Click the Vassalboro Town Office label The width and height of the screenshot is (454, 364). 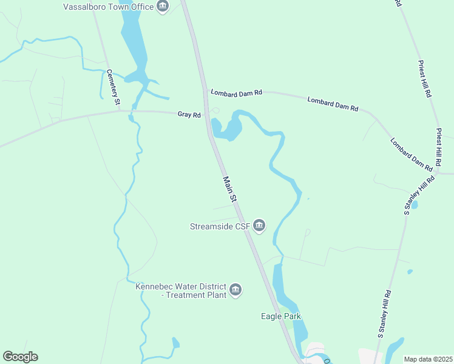click(x=109, y=7)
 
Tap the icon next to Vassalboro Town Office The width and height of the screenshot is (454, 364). click(x=162, y=7)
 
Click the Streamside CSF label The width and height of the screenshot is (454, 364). click(x=219, y=226)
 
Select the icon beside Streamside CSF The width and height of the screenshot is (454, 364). click(x=259, y=226)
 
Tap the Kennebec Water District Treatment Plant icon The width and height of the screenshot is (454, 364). click(x=236, y=291)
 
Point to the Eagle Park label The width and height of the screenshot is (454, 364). click(x=280, y=316)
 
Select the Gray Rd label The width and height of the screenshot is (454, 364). click(x=189, y=114)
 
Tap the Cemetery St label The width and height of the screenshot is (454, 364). click(x=112, y=89)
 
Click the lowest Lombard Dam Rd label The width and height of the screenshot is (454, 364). click(x=411, y=155)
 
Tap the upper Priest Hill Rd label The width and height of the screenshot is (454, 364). click(x=424, y=79)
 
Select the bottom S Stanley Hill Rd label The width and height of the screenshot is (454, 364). click(x=385, y=314)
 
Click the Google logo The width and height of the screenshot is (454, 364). click(x=20, y=357)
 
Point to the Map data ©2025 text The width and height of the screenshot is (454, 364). click(x=427, y=359)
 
